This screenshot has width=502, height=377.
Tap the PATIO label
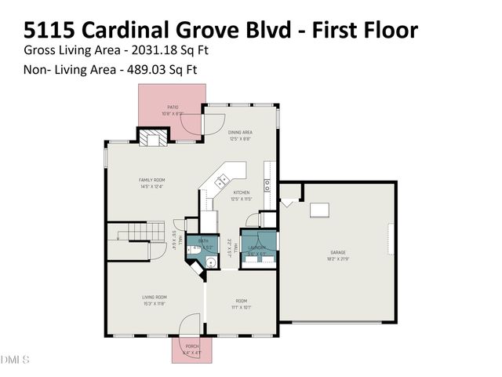click(x=173, y=108)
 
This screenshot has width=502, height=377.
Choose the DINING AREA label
click(x=239, y=133)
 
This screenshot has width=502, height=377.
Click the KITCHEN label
click(x=240, y=192)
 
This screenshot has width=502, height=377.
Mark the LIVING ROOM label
click(x=154, y=297)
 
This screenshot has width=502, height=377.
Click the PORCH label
click(x=192, y=346)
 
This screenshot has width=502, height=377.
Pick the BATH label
click(x=203, y=241)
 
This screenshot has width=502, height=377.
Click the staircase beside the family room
click(x=127, y=232)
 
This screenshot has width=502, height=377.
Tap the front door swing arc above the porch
click(x=189, y=324)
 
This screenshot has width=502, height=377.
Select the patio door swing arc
click(x=211, y=123)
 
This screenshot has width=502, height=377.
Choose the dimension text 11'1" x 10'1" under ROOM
click(x=241, y=307)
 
